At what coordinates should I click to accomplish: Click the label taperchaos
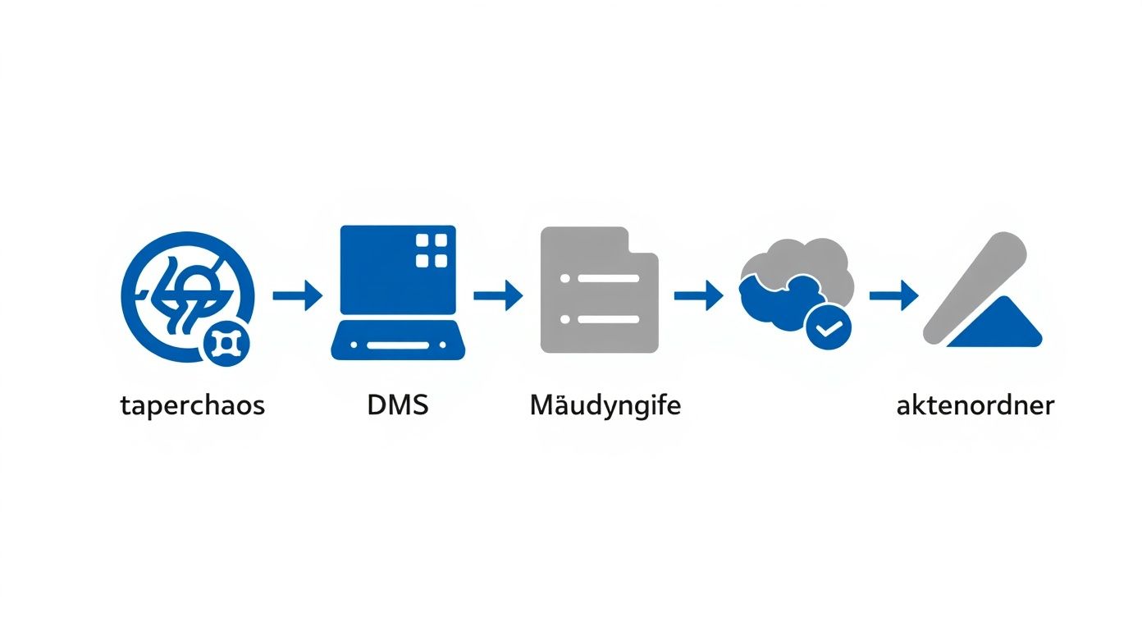192,405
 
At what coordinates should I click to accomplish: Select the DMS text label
398,404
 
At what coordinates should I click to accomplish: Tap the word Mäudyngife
605,405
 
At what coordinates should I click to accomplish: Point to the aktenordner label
975,405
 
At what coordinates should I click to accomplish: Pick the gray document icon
599,290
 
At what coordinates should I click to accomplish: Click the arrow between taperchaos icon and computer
297,295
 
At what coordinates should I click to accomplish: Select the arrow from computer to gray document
498,295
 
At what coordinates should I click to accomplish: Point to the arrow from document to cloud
698,295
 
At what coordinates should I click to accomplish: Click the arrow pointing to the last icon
893,295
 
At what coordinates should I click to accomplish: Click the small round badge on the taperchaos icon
224,344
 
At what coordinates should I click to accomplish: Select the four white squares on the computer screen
432,250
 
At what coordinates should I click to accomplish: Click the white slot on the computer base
398,345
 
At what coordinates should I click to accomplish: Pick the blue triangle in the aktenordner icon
998,327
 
